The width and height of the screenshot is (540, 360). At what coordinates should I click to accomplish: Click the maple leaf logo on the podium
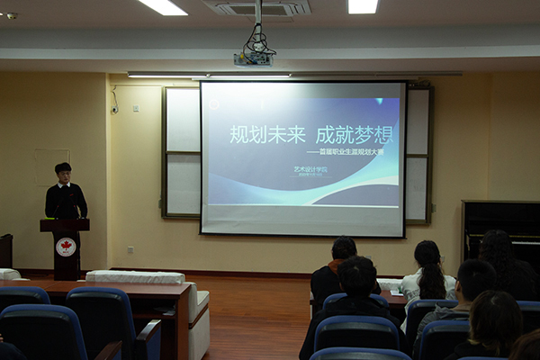click(x=66, y=247)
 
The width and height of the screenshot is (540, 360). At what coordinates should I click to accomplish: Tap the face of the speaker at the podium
click(x=63, y=174)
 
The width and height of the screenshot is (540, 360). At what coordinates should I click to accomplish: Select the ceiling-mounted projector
click(x=253, y=58)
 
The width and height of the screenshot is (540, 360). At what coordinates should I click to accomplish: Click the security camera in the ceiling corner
click(x=10, y=15)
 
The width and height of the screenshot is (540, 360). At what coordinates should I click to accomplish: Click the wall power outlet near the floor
click(x=130, y=249)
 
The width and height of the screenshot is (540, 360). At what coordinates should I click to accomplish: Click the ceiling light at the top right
click(x=363, y=6)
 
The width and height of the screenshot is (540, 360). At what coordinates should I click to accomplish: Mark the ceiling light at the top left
click(x=162, y=6)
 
